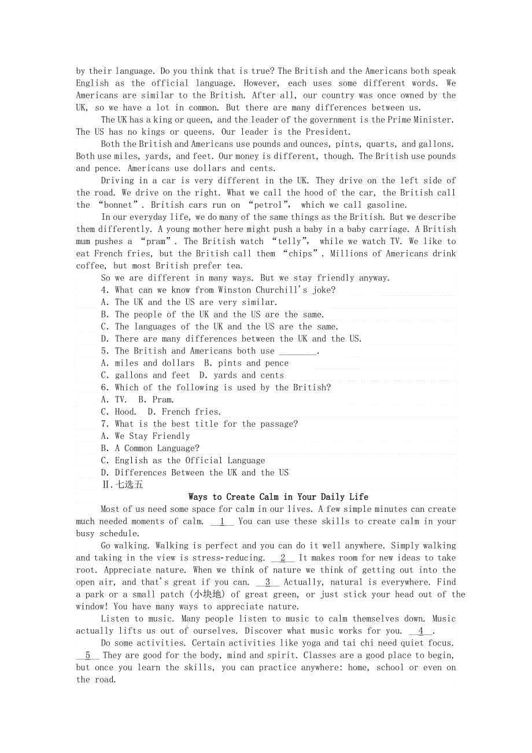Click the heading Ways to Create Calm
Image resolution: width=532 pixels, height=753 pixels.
click(278, 497)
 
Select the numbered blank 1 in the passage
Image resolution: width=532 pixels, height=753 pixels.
click(222, 521)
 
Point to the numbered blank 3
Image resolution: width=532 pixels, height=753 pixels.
click(268, 582)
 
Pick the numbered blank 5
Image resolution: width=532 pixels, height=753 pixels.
click(88, 655)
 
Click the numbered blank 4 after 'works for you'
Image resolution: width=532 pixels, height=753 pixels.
click(421, 631)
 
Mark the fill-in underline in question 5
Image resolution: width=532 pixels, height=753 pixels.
click(298, 351)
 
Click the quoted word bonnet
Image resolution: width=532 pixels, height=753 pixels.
click(119, 205)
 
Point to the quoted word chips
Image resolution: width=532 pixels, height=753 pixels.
click(299, 253)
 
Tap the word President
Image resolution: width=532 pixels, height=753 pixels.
click(327, 132)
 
